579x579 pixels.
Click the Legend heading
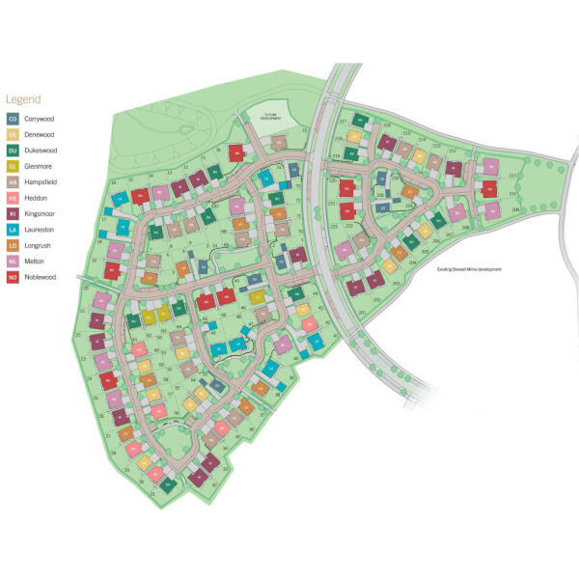pyautogui.click(x=24, y=99)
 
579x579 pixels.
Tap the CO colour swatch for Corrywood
pyautogui.click(x=13, y=119)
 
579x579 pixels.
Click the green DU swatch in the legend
pyautogui.click(x=13, y=151)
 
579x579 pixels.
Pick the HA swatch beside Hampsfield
pyautogui.click(x=13, y=181)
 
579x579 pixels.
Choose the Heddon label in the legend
pyautogui.click(x=37, y=198)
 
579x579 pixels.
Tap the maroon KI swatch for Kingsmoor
pyautogui.click(x=13, y=213)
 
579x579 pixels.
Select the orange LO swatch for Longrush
pyautogui.click(x=13, y=245)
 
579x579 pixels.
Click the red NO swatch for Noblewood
pyautogui.click(x=13, y=277)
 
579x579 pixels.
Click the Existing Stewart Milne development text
pyautogui.click(x=469, y=269)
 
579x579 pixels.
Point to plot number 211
pyautogui.click(x=512, y=175)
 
